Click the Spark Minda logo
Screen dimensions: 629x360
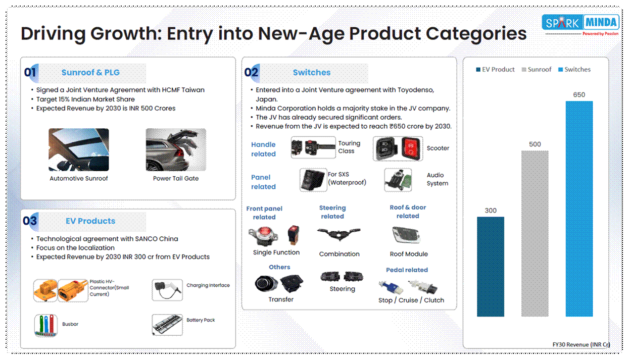[580, 25]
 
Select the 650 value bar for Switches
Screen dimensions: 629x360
[579, 209]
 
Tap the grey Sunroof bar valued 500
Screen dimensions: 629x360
[535, 233]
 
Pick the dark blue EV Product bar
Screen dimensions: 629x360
[490, 267]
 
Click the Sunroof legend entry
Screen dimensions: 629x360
[537, 70]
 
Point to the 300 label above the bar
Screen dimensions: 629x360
[490, 211]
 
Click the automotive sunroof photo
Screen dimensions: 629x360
[79, 149]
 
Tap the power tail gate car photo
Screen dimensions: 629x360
[176, 149]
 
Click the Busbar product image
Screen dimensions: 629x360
[46, 325]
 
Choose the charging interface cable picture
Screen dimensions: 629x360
[167, 290]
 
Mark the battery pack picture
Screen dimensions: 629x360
[167, 325]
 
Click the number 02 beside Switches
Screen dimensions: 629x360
[251, 72]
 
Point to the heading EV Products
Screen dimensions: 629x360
[90, 221]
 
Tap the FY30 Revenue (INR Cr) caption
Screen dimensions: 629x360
[581, 344]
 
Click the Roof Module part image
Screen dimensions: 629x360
[406, 235]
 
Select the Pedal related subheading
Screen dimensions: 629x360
[407, 270]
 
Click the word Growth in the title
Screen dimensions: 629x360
[126, 34]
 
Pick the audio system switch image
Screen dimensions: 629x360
[398, 180]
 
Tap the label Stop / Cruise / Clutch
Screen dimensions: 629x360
[411, 300]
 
